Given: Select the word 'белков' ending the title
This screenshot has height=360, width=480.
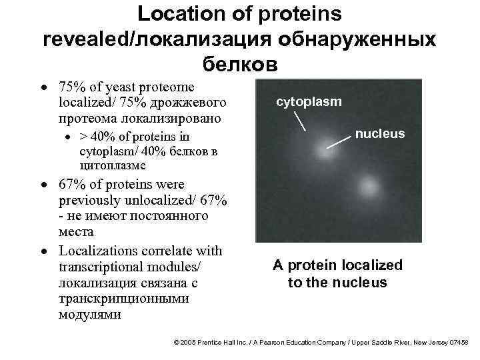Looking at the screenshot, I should (x=238, y=64).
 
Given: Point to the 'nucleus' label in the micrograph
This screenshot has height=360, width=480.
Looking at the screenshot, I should (x=379, y=134).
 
